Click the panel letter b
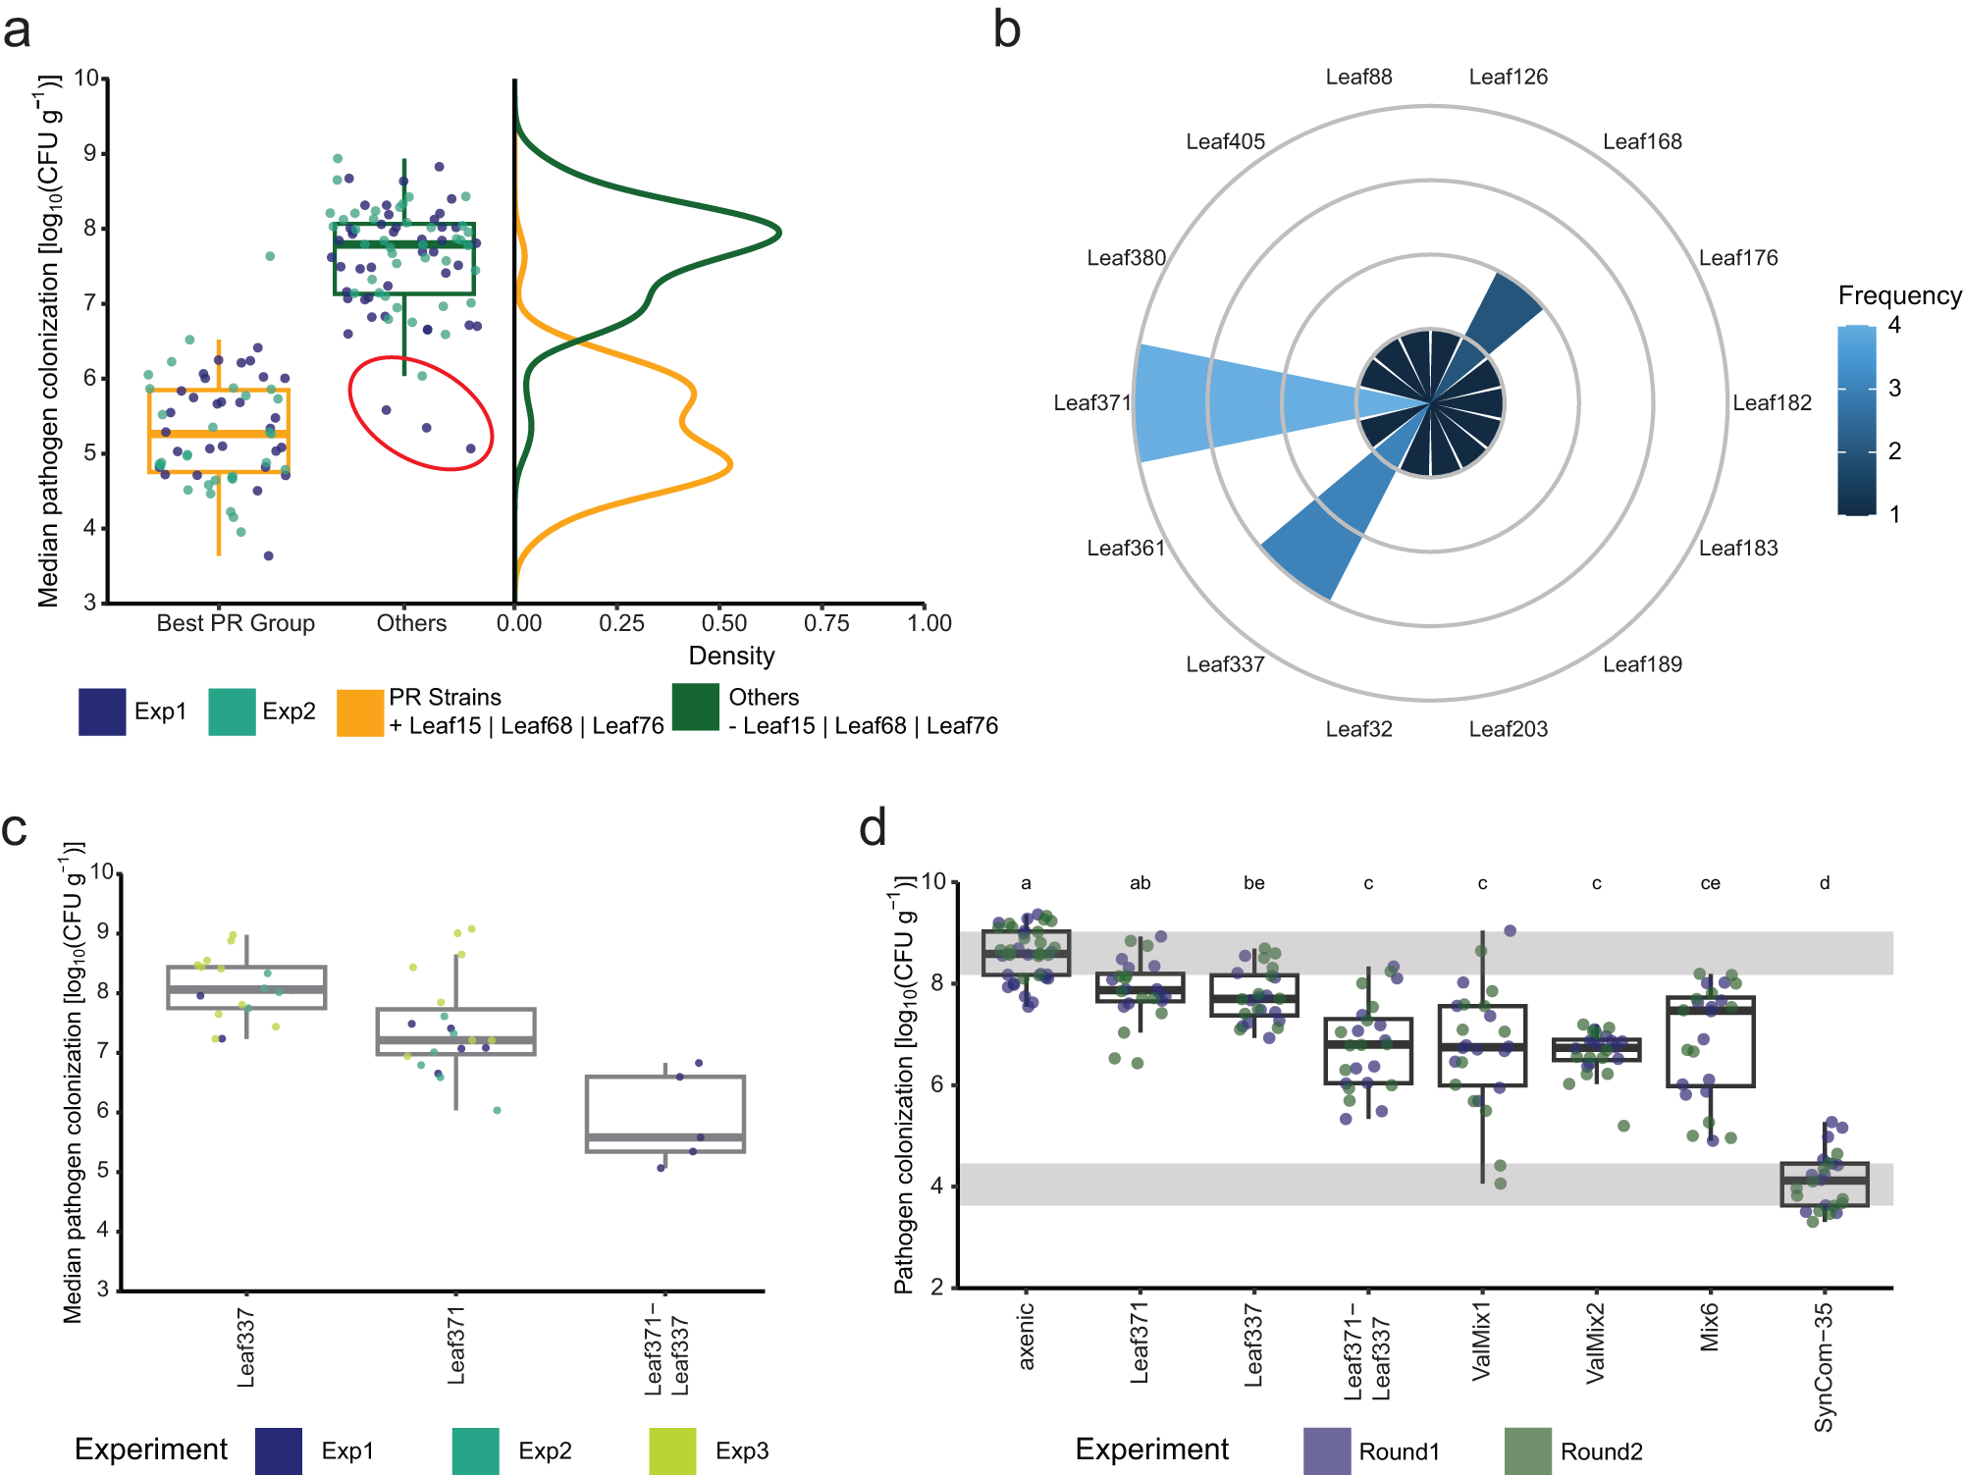click(x=1006, y=29)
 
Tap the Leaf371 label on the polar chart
click(x=1091, y=403)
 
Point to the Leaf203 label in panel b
click(x=1508, y=729)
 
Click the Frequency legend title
click(x=1898, y=295)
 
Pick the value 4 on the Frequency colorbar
click(x=1894, y=325)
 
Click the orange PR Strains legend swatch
click(x=359, y=712)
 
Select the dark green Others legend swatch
click(x=695, y=708)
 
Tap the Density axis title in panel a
click(x=731, y=656)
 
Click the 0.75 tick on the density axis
click(x=826, y=623)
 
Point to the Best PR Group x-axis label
click(x=236, y=623)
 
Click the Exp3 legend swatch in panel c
click(x=672, y=1450)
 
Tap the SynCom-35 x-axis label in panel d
click(x=1824, y=1367)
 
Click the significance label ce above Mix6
click(x=1710, y=883)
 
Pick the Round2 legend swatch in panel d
click(x=1527, y=1450)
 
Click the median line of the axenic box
click(x=1026, y=953)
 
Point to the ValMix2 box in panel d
click(x=1596, y=1050)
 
